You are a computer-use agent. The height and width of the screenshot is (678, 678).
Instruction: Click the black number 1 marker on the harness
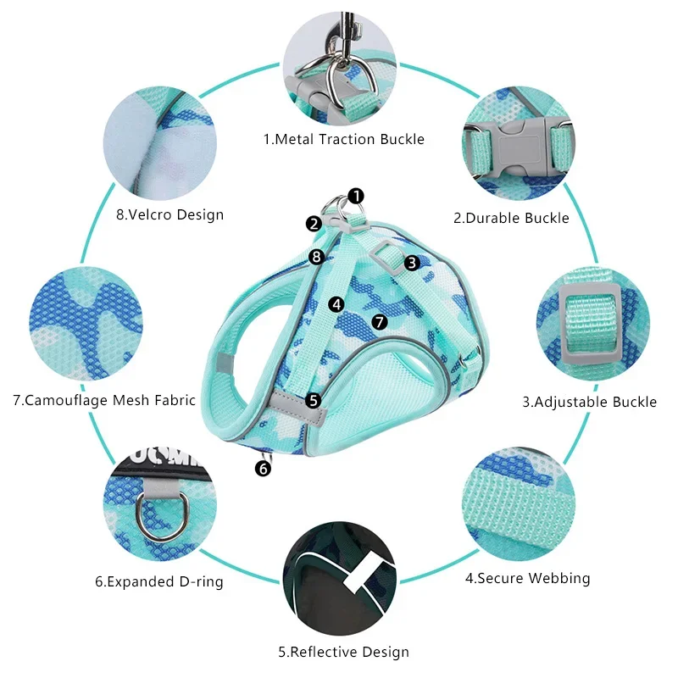point(356,196)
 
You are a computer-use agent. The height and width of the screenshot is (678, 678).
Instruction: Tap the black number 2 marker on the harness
point(314,224)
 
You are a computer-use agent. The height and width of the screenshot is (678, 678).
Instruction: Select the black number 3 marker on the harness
point(412,263)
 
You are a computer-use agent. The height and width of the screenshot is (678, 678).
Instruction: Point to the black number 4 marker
point(336,303)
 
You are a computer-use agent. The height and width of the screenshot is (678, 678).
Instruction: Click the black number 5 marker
point(314,399)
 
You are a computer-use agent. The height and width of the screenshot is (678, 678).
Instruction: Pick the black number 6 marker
point(264,467)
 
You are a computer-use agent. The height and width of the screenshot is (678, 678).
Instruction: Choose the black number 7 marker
point(379,322)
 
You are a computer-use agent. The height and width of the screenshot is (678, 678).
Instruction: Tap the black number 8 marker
point(316,256)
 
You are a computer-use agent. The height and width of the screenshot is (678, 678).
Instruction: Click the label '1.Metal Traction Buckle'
point(343,139)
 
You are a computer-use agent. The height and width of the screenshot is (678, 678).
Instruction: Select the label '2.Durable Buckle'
point(511,218)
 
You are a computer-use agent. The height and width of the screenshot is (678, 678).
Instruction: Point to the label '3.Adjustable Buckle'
point(589,402)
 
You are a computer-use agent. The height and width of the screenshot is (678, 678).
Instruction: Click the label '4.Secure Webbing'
point(527,579)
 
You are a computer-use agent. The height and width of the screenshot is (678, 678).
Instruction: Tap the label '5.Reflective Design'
point(343,652)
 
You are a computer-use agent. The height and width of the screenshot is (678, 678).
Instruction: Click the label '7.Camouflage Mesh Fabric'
point(104,400)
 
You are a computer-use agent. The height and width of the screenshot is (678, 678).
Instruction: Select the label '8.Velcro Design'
point(169,214)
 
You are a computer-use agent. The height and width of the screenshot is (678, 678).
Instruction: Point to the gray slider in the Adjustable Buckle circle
point(592,320)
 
